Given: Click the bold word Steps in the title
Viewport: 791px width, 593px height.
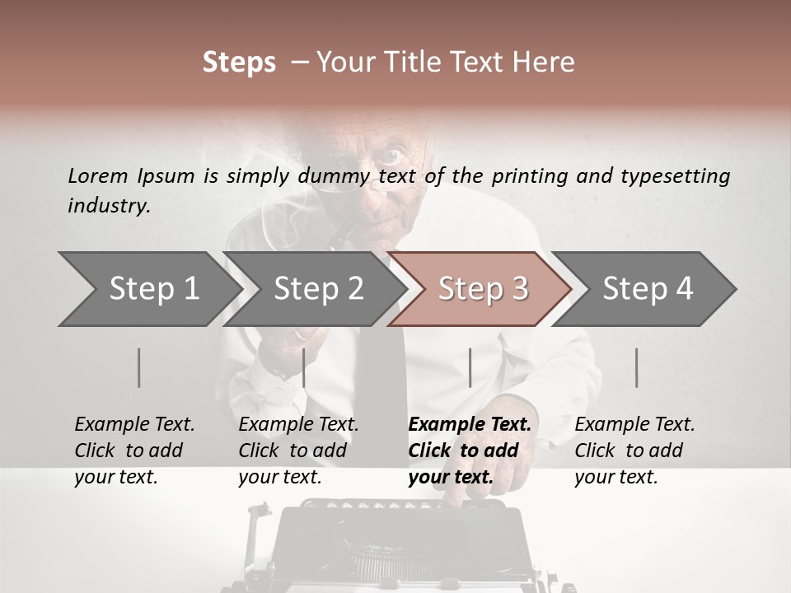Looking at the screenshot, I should [x=239, y=63].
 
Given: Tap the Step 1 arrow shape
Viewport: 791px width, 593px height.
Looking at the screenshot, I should [x=148, y=289].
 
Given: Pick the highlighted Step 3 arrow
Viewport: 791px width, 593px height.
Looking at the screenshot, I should [x=482, y=289].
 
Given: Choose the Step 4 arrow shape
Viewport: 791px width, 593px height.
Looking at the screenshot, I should [x=647, y=289].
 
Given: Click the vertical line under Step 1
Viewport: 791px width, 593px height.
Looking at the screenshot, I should [x=139, y=368].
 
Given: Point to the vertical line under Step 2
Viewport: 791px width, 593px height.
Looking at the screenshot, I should [x=304, y=368].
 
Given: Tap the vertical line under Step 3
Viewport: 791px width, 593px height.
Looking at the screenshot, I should [x=470, y=368].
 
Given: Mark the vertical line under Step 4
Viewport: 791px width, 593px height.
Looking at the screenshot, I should [x=637, y=368].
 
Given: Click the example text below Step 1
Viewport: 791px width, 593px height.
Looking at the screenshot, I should [x=134, y=451].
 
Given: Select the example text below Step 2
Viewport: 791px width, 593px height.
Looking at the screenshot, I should [x=298, y=451].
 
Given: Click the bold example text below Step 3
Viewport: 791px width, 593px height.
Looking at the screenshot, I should [x=470, y=451].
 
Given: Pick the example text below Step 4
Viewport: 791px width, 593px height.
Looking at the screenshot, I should [x=634, y=451].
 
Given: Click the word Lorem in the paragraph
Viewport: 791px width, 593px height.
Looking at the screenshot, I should [x=98, y=175].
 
